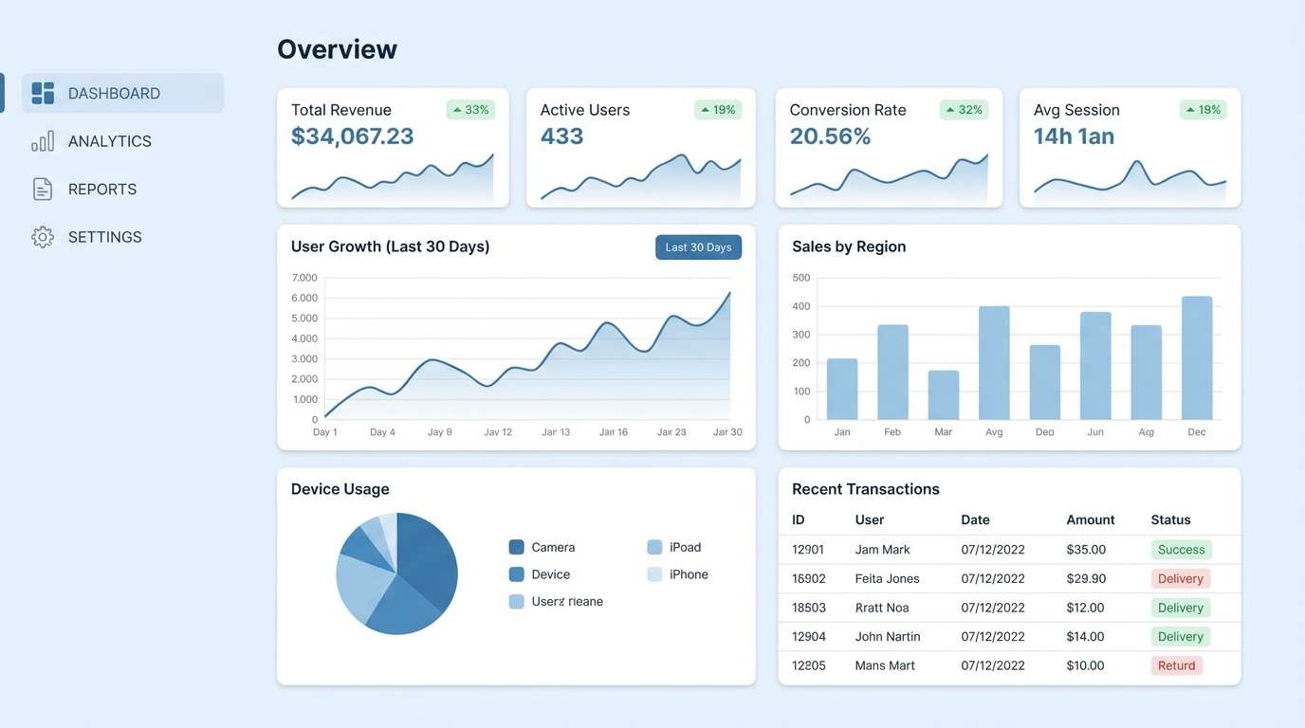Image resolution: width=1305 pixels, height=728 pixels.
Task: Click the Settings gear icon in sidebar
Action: pyautogui.click(x=43, y=237)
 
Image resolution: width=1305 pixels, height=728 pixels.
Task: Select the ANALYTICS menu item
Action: pyautogui.click(x=109, y=141)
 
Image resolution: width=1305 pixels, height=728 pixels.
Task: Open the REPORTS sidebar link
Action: pyautogui.click(x=101, y=190)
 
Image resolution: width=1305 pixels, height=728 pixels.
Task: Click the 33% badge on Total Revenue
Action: pyautogui.click(x=470, y=110)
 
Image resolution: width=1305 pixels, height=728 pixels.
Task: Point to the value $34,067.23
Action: pyautogui.click(x=352, y=136)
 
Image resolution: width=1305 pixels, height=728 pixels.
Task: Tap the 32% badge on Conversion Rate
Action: pyautogui.click(x=964, y=110)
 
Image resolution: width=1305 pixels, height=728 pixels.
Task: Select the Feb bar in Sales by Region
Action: pyautogui.click(x=892, y=372)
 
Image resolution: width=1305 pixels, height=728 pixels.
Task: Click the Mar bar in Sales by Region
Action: pyautogui.click(x=943, y=394)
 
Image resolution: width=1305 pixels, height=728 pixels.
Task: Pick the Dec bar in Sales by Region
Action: pyautogui.click(x=1197, y=357)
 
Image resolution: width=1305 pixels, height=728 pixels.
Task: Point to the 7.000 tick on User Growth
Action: pyautogui.click(x=304, y=278)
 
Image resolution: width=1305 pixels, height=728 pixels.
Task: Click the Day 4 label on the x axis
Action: pyautogui.click(x=382, y=432)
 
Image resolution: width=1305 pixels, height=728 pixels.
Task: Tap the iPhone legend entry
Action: pyautogui.click(x=688, y=574)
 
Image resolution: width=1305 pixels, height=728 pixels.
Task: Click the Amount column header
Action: pyautogui.click(x=1090, y=519)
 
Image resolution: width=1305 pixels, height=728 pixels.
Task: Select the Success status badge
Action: pyautogui.click(x=1181, y=550)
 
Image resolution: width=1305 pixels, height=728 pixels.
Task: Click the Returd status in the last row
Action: pyautogui.click(x=1176, y=665)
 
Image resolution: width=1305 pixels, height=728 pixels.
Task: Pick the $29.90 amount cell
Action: pyautogui.click(x=1085, y=578)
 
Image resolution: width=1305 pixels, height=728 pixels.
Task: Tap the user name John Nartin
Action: pyautogui.click(x=887, y=636)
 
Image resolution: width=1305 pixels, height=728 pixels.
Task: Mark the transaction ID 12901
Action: pyautogui.click(x=808, y=550)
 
